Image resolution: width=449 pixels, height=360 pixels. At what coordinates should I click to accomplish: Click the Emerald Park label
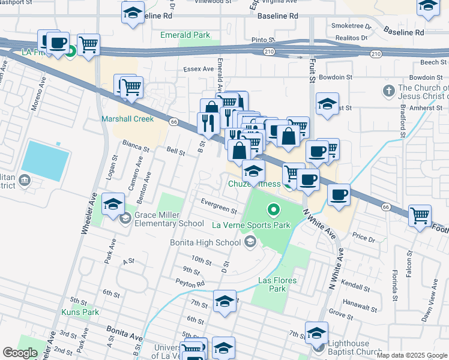coord(185,35)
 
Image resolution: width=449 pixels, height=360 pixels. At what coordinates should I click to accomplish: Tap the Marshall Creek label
coord(128,119)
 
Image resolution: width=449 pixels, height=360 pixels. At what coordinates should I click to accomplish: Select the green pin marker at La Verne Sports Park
coord(274,210)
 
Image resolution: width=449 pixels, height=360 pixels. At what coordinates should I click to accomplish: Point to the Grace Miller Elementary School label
coord(169,220)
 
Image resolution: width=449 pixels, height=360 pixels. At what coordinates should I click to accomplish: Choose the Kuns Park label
coord(80,312)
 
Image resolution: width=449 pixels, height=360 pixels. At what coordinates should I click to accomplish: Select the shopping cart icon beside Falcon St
coord(420,215)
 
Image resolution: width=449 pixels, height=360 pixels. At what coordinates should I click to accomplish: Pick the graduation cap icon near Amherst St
coord(327,103)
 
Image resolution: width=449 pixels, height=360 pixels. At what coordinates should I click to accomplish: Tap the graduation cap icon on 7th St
coord(224,301)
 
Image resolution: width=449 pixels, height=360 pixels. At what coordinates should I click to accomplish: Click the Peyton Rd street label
coord(190,282)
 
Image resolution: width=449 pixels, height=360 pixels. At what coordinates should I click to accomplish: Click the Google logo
coord(20,353)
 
